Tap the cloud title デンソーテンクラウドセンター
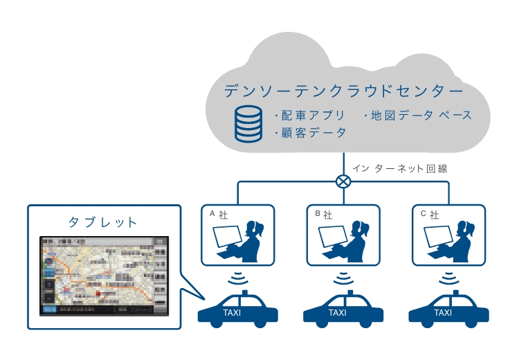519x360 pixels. point(344,91)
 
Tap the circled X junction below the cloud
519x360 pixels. point(343,181)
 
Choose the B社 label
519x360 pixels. point(324,215)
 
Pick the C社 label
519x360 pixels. point(429,215)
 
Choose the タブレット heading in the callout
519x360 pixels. point(103,222)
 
